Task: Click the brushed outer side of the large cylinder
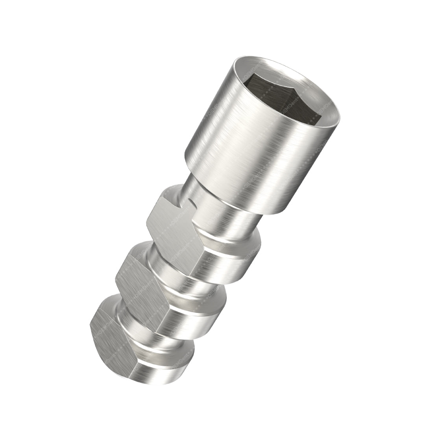(x=244, y=157)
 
